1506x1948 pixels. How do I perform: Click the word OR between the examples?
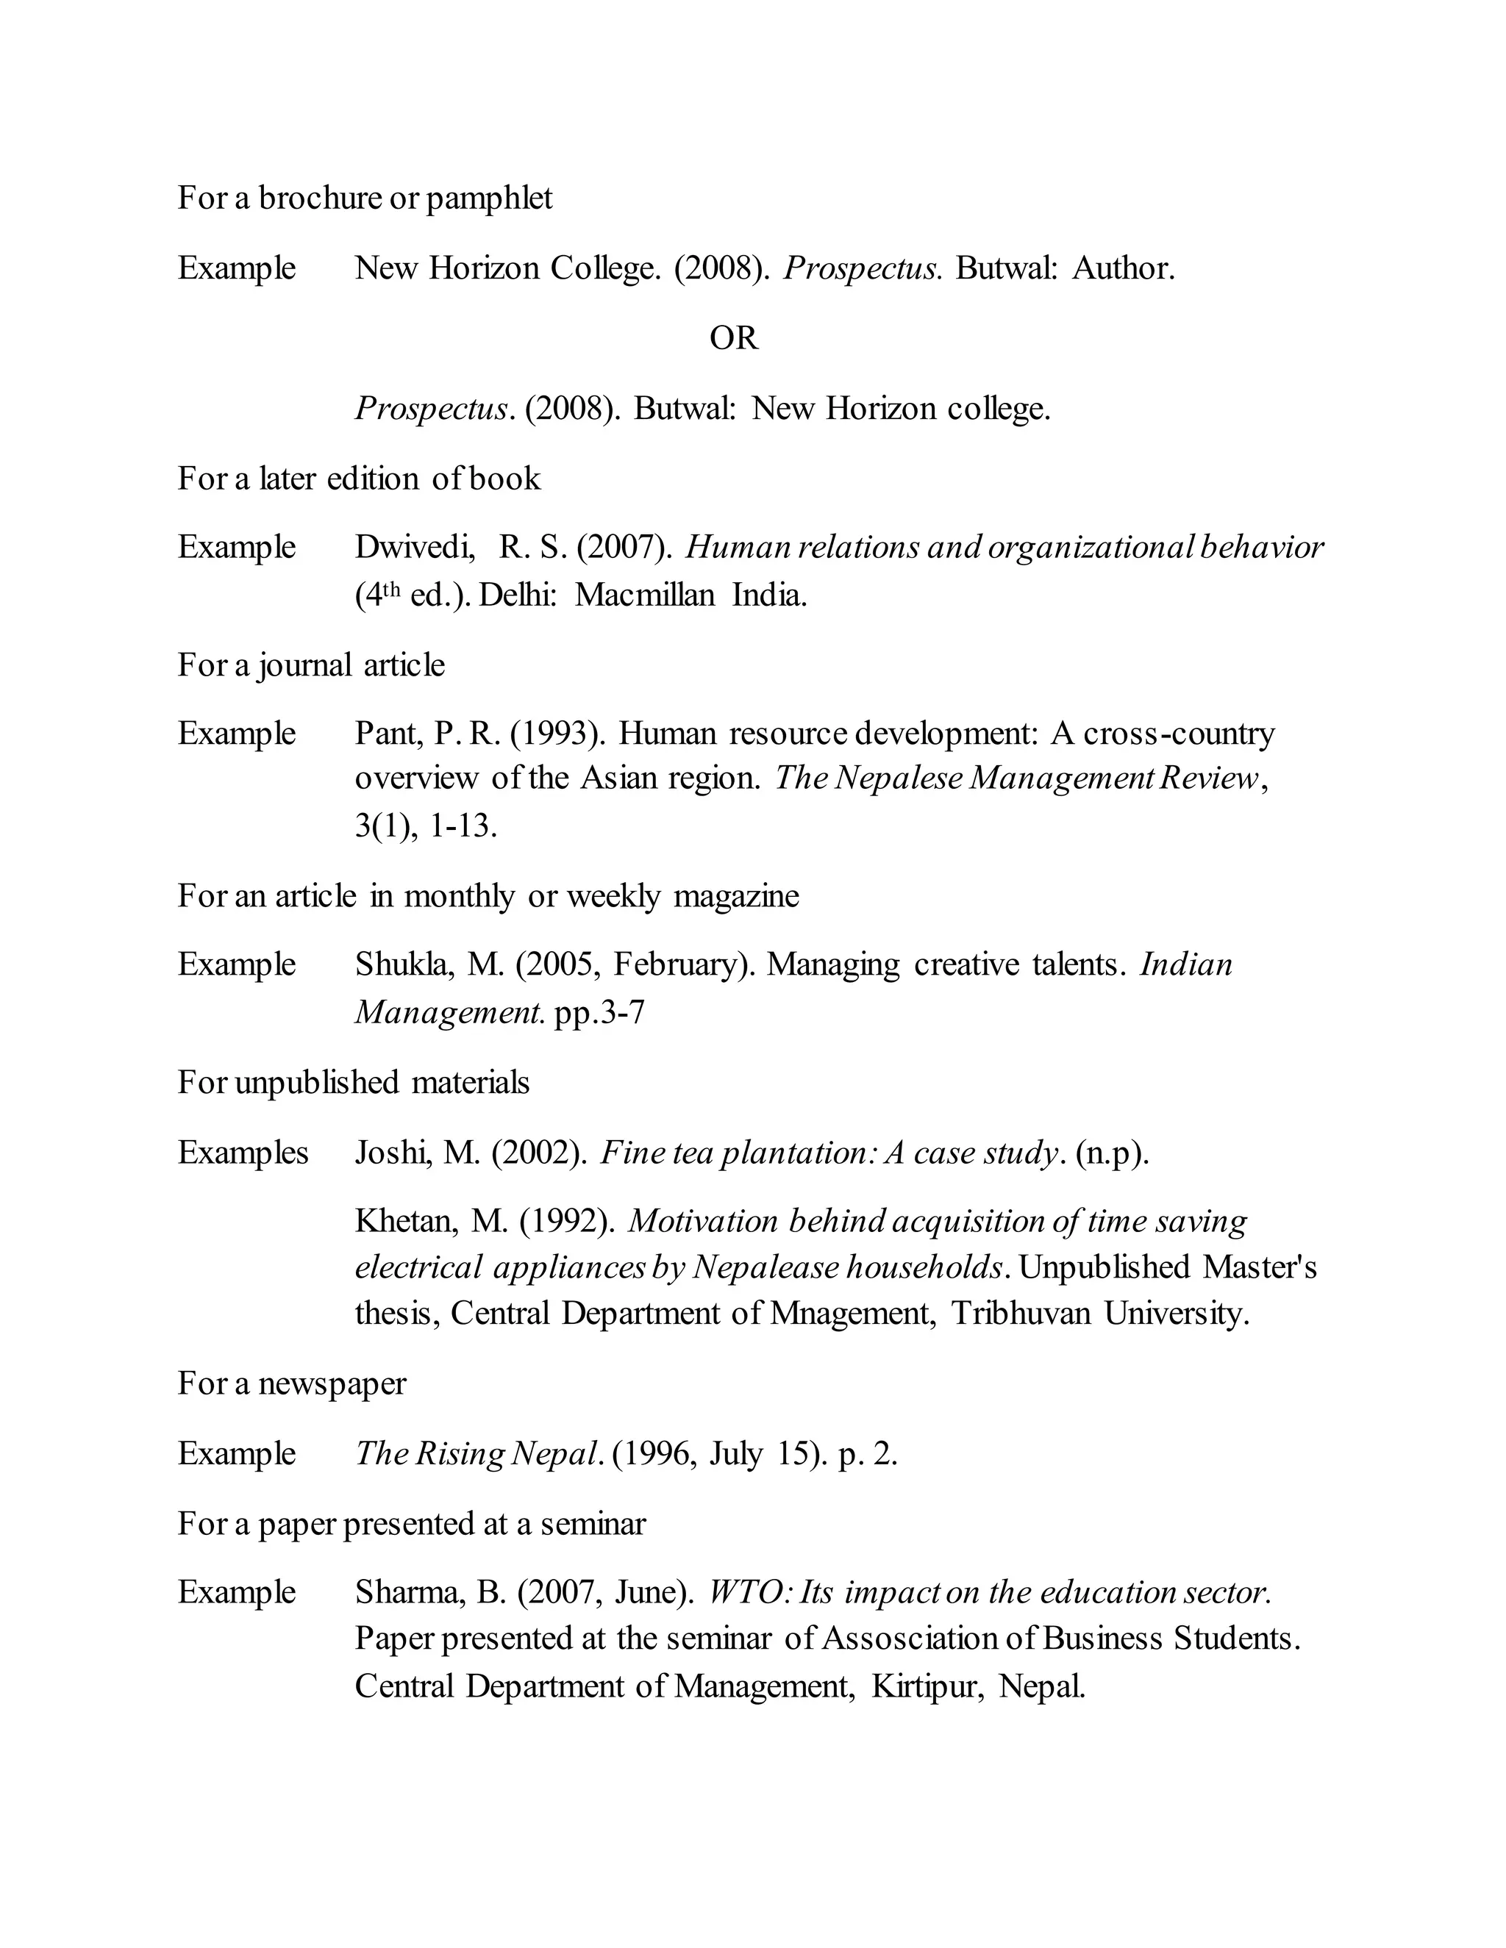[x=733, y=338]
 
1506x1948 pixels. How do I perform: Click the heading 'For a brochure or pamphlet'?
[x=364, y=197]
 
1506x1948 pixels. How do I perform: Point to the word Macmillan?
[x=644, y=595]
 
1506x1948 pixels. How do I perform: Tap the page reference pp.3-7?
[x=599, y=1012]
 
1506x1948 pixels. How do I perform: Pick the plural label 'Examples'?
[x=243, y=1153]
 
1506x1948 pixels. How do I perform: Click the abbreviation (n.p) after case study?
[x=1112, y=1153]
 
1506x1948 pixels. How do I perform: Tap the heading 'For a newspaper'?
[x=291, y=1383]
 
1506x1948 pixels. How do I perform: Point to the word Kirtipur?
[x=927, y=1686]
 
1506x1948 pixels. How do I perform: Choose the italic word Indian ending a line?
[x=1185, y=964]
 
